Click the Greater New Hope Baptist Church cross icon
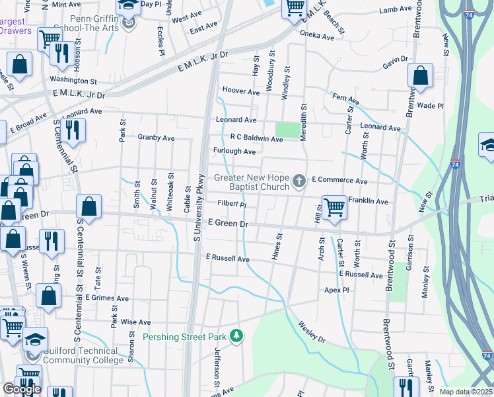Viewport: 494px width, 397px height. pos(299,181)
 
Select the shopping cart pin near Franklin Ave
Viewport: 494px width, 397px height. pos(335,207)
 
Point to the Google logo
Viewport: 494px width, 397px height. pos(21,389)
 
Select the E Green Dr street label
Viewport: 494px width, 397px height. pos(227,224)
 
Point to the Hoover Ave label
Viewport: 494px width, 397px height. pos(241,92)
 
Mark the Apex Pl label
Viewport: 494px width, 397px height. pos(336,290)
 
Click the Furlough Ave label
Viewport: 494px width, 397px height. pos(234,152)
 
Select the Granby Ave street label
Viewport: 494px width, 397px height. pos(156,138)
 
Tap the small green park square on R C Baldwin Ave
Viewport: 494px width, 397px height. pos(287,130)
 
